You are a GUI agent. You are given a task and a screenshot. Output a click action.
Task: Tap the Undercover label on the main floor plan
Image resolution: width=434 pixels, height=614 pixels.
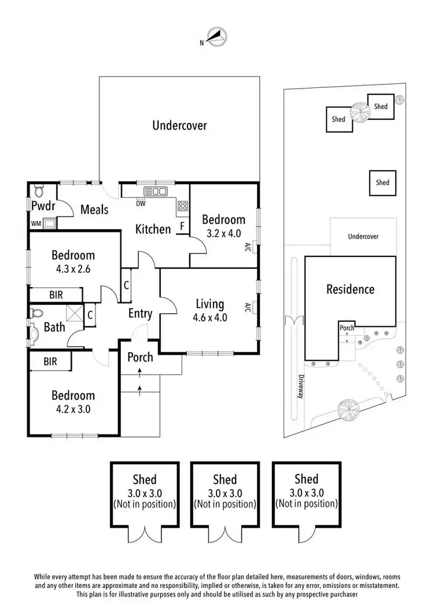pos(179,125)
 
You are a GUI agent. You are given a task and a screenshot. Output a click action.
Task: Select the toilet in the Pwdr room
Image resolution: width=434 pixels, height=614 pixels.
pos(39,190)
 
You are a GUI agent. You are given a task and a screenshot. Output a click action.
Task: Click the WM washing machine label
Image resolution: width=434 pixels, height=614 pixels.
pos(36,223)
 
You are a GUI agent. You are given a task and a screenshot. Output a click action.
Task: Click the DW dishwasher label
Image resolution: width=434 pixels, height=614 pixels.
pos(140,204)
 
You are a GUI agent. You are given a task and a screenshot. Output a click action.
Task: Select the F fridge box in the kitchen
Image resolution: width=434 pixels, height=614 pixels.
pos(182,226)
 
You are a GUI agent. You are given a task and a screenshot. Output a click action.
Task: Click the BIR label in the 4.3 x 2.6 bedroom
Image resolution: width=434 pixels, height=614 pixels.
pos(56,295)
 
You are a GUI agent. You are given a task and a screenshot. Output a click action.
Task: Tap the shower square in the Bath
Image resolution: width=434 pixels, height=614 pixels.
pos(75,314)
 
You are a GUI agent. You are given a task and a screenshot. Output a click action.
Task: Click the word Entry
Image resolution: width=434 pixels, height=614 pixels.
pos(140,314)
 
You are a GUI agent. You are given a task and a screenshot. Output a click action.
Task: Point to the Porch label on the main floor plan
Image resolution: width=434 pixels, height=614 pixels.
pos(140,357)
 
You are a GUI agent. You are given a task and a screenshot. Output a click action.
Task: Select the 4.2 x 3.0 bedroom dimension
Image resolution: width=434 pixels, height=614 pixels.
pos(73,409)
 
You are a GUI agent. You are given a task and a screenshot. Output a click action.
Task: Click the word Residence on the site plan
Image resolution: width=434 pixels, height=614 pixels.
pos(350,289)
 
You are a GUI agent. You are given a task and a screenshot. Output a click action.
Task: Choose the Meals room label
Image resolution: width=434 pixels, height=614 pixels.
pos(94,209)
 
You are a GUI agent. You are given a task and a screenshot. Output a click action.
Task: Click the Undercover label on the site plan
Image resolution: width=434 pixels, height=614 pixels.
pos(363,236)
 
